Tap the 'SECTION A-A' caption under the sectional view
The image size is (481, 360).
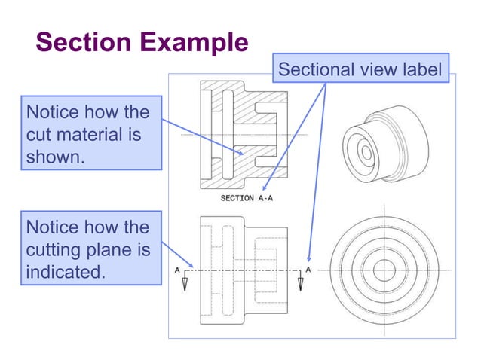click(x=251, y=198)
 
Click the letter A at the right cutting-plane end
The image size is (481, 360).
click(x=308, y=269)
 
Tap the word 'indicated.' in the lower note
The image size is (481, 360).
click(x=65, y=271)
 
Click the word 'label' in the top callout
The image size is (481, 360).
click(x=424, y=70)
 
